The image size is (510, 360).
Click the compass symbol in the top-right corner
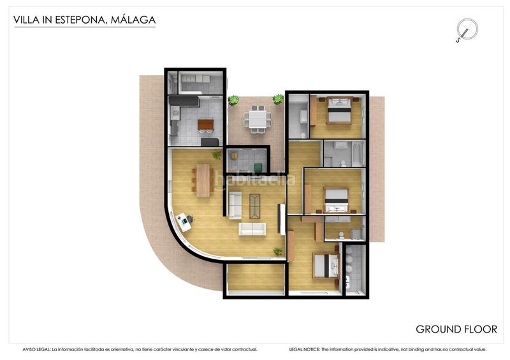467,30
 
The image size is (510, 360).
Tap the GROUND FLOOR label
456,329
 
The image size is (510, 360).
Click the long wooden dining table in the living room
204,180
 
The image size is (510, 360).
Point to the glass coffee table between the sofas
255,205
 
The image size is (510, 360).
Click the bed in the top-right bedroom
337,112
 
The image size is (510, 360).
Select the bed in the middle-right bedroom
336,199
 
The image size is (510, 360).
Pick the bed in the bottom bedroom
325,266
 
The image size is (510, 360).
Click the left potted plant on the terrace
234,101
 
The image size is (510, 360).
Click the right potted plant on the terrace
279,99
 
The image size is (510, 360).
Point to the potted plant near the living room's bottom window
278,252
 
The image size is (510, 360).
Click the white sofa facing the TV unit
252,229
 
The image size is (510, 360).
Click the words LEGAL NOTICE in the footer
304,350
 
